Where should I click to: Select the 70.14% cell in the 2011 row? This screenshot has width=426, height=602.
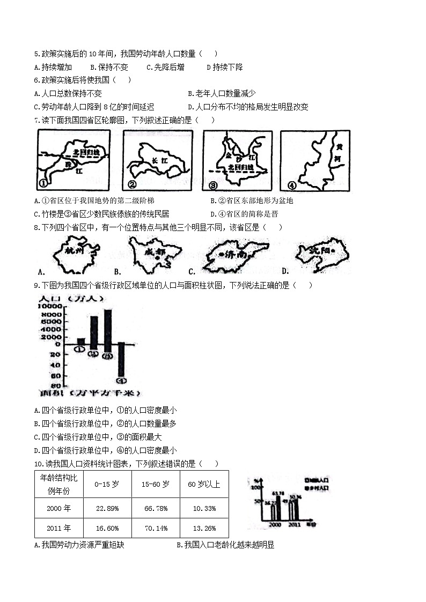coord(155,528)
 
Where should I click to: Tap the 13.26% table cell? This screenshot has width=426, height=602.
coord(204,528)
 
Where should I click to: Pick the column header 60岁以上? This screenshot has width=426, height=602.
coord(204,484)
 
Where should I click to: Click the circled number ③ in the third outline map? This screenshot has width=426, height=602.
coord(212,185)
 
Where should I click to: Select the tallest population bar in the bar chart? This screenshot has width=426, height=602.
coord(107,326)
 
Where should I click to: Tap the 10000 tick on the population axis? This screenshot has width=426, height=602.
coord(49,306)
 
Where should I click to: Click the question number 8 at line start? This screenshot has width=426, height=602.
coord(36,228)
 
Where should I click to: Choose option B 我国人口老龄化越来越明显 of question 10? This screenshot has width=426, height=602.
coord(225,545)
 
